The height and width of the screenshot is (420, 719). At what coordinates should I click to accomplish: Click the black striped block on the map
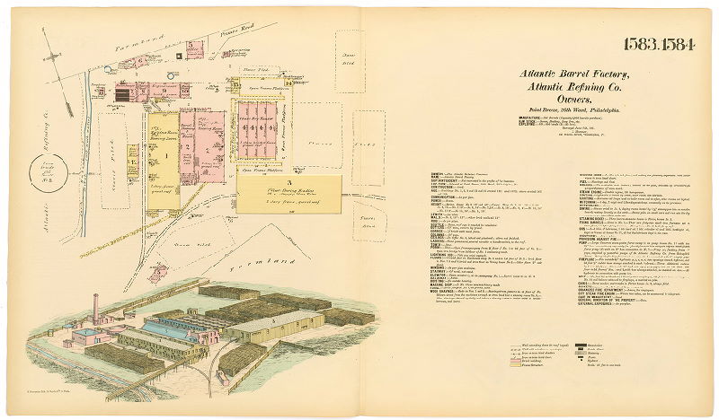pyautogui.click(x=123, y=93)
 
